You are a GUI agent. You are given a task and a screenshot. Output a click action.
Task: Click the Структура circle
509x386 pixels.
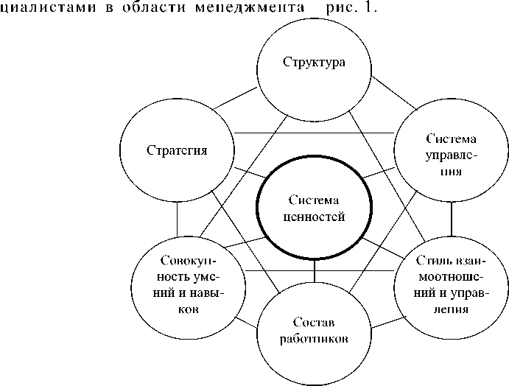(314, 60)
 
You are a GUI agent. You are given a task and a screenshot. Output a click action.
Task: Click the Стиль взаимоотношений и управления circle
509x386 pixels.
(449, 285)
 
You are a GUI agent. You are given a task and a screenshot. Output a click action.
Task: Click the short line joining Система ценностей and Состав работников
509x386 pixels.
(315, 272)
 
